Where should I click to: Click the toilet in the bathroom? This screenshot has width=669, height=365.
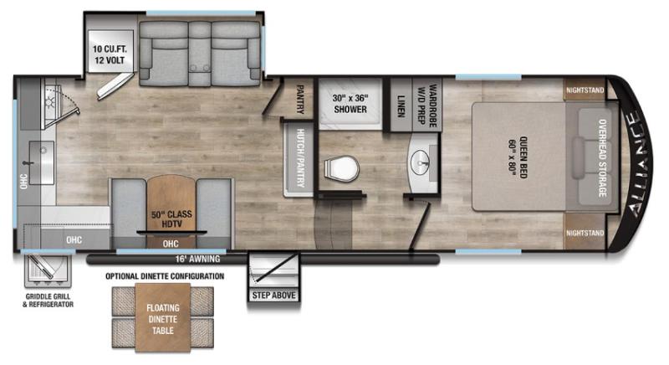click(x=340, y=171)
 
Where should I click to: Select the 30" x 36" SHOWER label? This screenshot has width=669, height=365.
click(x=351, y=103)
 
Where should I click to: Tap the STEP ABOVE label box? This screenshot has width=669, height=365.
click(x=274, y=295)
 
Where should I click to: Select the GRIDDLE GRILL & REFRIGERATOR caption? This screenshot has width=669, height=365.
click(x=48, y=300)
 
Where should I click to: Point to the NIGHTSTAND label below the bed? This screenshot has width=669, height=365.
click(x=584, y=232)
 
